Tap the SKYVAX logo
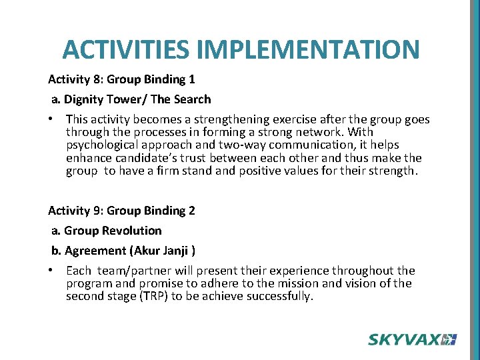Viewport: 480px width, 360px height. (x=411, y=339)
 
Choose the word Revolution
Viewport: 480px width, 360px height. (x=131, y=231)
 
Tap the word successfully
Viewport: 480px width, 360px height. (x=279, y=296)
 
